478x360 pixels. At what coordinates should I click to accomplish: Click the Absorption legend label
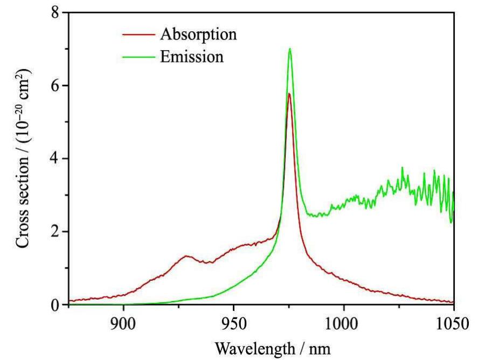(198, 34)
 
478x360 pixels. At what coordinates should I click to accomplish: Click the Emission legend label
(191, 57)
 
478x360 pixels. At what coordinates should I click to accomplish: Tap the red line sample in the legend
(135, 34)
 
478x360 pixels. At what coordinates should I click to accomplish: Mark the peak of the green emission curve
(290, 49)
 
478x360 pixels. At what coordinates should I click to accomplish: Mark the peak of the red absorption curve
(289, 94)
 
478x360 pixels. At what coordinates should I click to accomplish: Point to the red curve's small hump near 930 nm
(187, 256)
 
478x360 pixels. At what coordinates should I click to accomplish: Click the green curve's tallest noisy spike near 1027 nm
(402, 168)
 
